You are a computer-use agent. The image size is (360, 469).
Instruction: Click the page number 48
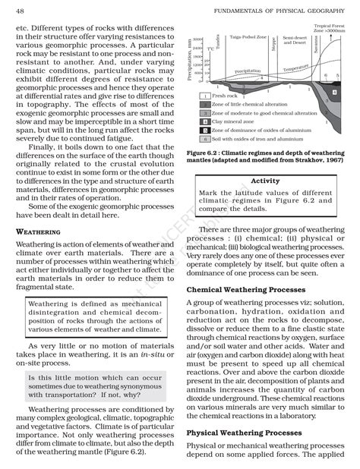[x=20, y=9]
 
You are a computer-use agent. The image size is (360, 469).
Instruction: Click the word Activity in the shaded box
[x=265, y=181]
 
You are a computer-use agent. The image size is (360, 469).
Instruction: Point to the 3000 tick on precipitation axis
[x=197, y=39]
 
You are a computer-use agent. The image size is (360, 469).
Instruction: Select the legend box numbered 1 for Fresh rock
[x=205, y=96]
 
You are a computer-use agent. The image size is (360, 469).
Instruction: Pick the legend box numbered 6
[x=205, y=140]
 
